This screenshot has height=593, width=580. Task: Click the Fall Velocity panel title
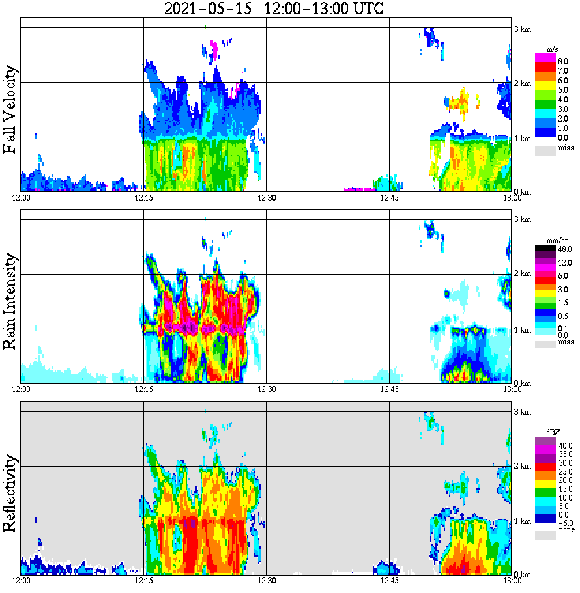click(x=12, y=110)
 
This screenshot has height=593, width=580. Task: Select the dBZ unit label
click(x=553, y=432)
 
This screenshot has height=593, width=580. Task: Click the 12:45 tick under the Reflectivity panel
click(x=389, y=581)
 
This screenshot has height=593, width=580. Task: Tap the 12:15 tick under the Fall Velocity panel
click(x=143, y=198)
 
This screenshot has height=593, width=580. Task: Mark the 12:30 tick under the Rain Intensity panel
click(x=266, y=389)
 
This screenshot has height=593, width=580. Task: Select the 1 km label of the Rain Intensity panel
click(x=522, y=330)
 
